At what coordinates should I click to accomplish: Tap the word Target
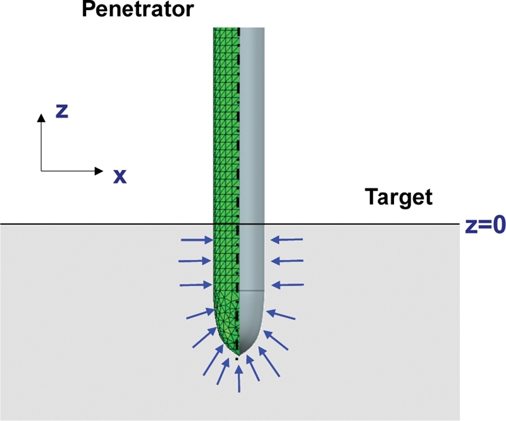pos(398,197)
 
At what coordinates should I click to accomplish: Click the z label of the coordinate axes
pos(62,111)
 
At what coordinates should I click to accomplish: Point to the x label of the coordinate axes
pos(120,176)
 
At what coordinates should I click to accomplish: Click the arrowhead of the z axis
pos(41,118)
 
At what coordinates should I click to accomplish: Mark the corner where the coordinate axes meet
pos(41,171)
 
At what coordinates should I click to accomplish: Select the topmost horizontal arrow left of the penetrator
pos(195,240)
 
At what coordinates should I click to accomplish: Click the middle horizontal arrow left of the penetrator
pos(195,261)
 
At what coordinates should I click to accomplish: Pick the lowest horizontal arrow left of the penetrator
pos(195,285)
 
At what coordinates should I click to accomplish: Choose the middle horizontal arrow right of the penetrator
pos(287,261)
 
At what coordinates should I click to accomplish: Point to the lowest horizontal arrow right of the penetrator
pos(287,285)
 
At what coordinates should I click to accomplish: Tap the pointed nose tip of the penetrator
pos(238,354)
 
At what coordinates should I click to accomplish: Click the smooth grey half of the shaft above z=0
pos(252,126)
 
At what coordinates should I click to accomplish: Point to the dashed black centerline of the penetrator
pos(238,95)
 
